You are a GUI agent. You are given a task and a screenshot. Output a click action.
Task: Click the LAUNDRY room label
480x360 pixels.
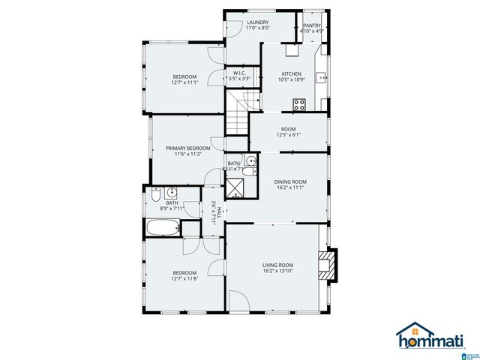(x=257, y=22)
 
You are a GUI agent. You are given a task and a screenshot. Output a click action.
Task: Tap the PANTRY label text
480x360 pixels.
(x=311, y=25)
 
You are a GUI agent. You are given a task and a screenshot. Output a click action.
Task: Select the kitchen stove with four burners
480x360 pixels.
(x=299, y=104)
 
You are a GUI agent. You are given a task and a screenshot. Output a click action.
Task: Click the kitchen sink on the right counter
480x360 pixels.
(x=320, y=76)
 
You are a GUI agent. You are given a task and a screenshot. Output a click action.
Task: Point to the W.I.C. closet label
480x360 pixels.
(x=240, y=73)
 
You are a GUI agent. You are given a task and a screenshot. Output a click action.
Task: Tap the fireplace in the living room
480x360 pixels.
(x=328, y=263)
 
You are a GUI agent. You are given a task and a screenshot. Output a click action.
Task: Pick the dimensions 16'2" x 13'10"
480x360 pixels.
(x=277, y=272)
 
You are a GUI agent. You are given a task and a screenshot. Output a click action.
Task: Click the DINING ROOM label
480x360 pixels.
(x=289, y=181)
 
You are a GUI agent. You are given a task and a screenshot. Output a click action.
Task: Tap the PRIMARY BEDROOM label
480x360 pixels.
(x=187, y=148)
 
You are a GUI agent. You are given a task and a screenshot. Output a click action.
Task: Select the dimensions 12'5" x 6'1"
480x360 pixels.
(x=288, y=135)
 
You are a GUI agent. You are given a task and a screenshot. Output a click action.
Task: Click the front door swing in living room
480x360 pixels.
(x=238, y=304)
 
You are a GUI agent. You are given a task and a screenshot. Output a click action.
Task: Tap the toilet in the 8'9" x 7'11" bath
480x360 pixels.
(x=155, y=193)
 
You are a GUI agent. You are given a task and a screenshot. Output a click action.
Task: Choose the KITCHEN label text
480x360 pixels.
(x=291, y=73)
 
